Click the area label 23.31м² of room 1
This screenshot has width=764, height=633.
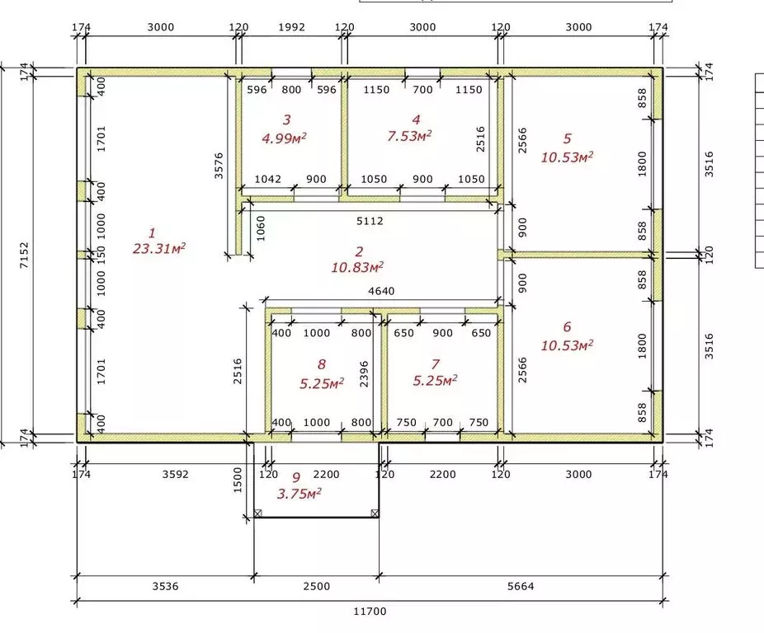point(159,248)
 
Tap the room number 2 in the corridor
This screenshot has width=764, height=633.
point(359,251)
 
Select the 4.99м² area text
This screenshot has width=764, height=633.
point(284,138)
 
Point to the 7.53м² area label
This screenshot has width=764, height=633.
point(409,136)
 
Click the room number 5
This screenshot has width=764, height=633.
point(567,138)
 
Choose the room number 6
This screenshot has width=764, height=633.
point(567,326)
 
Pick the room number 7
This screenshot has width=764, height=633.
point(435,364)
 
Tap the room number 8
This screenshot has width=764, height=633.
point(321,364)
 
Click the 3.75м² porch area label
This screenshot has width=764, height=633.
point(299,494)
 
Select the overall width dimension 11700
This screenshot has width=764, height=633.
point(370,612)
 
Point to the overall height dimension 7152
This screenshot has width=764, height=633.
point(24,256)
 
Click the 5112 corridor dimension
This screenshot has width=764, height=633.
point(370,221)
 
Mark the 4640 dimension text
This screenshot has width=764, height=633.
point(381,291)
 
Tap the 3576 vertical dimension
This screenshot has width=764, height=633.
point(219,166)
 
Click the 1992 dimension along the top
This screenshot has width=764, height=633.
point(292,27)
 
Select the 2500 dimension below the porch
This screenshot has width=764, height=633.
point(317,586)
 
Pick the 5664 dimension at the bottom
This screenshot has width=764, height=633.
point(521,586)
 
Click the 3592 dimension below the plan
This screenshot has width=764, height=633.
point(176,474)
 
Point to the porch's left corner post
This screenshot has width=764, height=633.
point(257,513)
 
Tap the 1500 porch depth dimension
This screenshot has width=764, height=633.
point(238,480)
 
